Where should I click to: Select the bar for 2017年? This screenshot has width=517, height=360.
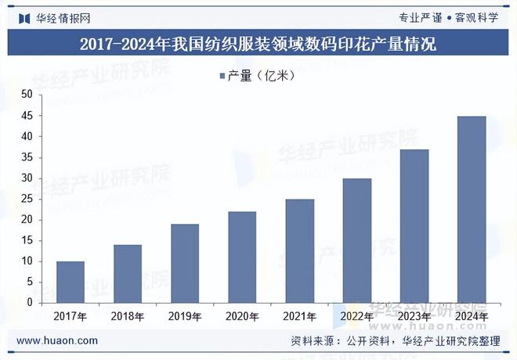[x=70, y=282]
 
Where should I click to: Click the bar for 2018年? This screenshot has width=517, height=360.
[x=128, y=274]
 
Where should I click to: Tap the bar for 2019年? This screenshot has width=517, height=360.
[x=185, y=263]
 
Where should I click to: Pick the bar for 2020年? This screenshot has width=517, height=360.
[x=242, y=257]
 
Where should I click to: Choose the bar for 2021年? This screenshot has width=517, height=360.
[x=299, y=250]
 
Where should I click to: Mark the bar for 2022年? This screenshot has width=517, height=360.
[x=356, y=240]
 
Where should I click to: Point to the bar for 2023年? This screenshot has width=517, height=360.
[x=414, y=225]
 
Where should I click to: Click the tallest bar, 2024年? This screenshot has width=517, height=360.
[x=472, y=209]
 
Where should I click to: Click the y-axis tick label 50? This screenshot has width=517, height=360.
[x=27, y=95]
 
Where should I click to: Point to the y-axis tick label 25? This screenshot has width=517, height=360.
[x=27, y=199]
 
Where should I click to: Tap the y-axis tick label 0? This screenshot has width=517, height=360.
[x=30, y=303]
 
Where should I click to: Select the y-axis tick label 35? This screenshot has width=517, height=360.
[x=27, y=157]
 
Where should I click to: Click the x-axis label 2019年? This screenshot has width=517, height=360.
[x=185, y=317]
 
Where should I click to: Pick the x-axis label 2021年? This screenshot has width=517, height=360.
[x=299, y=317]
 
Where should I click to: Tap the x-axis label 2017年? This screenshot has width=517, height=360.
[x=70, y=317]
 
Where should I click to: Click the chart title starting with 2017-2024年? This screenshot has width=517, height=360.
[x=258, y=43]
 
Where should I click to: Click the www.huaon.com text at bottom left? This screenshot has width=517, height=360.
[x=57, y=340]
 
